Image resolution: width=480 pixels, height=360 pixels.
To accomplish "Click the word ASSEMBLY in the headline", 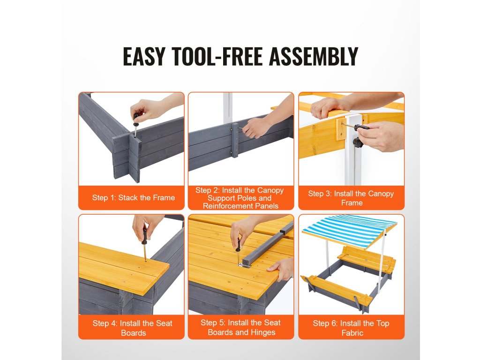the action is pyautogui.click(x=314, y=56).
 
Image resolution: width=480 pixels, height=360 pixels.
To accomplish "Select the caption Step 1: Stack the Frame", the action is pyautogui.click(x=134, y=198).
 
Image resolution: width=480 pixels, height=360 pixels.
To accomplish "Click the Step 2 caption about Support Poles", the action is pyautogui.click(x=240, y=198).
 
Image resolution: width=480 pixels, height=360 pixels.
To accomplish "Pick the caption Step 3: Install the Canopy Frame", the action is pyautogui.click(x=351, y=198).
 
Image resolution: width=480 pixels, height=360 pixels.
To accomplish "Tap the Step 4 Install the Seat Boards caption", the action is pyautogui.click(x=133, y=328).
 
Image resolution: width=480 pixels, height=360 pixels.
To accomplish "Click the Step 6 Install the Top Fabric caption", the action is pyautogui.click(x=351, y=328).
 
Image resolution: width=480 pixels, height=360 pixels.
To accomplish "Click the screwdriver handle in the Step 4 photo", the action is pyautogui.click(x=144, y=236).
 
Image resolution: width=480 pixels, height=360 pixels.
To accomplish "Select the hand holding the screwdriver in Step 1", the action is pyautogui.click(x=144, y=109).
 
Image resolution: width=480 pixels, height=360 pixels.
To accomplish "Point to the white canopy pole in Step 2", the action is pyautogui.click(x=228, y=108).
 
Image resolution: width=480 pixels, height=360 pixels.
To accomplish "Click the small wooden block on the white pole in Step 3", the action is pyautogui.click(x=342, y=128).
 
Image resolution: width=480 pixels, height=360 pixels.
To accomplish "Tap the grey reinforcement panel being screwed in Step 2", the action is pyautogui.click(x=235, y=140).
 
